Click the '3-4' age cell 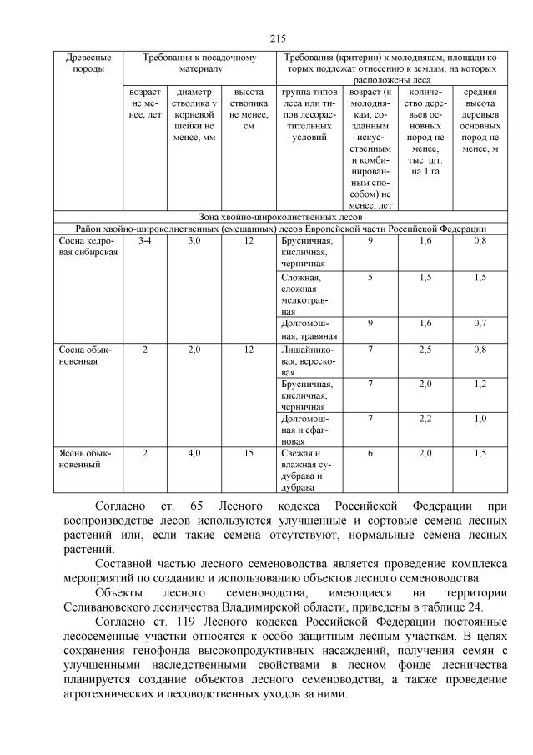[144, 241]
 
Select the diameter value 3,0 [194, 241]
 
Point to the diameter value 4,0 [194, 453]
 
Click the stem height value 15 [249, 453]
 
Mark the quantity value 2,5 [425, 350]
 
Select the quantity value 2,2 [425, 418]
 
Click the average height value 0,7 [480, 323]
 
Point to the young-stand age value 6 [370, 453]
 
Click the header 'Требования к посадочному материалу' [199, 63]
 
